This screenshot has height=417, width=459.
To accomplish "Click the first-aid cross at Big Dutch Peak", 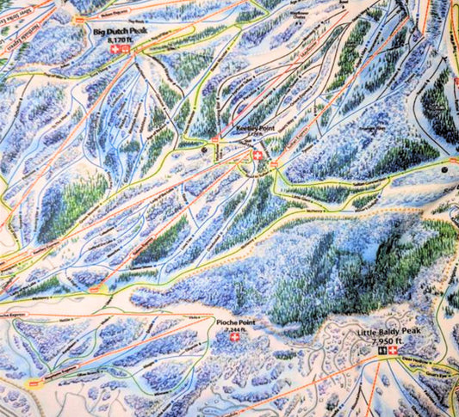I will [x=115, y=50].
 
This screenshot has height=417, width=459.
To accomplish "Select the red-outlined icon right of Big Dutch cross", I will [x=125, y=50].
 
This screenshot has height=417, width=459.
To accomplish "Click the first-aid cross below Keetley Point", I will [x=257, y=155].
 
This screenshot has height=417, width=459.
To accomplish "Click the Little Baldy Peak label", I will [x=386, y=332].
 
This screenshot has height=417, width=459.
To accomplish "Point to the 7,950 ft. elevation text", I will [x=388, y=341].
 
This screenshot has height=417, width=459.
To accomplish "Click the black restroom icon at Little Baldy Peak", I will [x=381, y=353].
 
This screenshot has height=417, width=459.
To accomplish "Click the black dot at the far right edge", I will [x=444, y=171].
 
